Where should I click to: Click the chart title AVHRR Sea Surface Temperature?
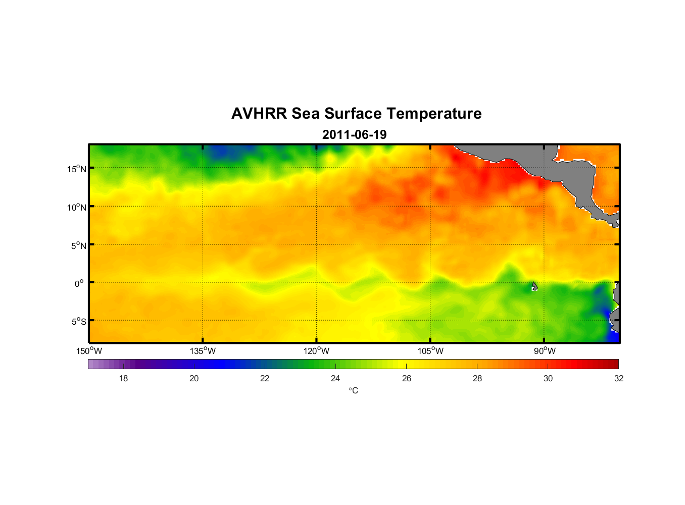pyautogui.click(x=356, y=114)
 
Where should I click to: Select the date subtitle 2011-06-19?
pyautogui.click(x=354, y=135)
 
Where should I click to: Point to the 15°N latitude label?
pyautogui.click(x=77, y=169)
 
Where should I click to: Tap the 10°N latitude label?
pyautogui.click(x=77, y=207)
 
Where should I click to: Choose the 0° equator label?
pyautogui.click(x=79, y=283)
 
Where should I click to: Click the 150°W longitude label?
pyautogui.click(x=89, y=351)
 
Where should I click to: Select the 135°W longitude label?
pyautogui.click(x=203, y=351)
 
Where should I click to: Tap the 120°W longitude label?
pyautogui.click(x=317, y=351)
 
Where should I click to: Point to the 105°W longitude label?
pyautogui.click(x=430, y=351)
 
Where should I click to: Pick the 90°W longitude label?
pyautogui.click(x=545, y=351)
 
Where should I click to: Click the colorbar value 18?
pyautogui.click(x=123, y=378)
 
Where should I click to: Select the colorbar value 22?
pyautogui.click(x=265, y=378)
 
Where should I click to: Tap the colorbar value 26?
pyautogui.click(x=407, y=378)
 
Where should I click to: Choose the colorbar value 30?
pyautogui.click(x=548, y=378)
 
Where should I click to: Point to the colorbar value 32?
pyautogui.click(x=619, y=378)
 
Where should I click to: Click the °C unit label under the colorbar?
pyautogui.click(x=353, y=390)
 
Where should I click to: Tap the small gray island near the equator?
pyautogui.click(x=534, y=286)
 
